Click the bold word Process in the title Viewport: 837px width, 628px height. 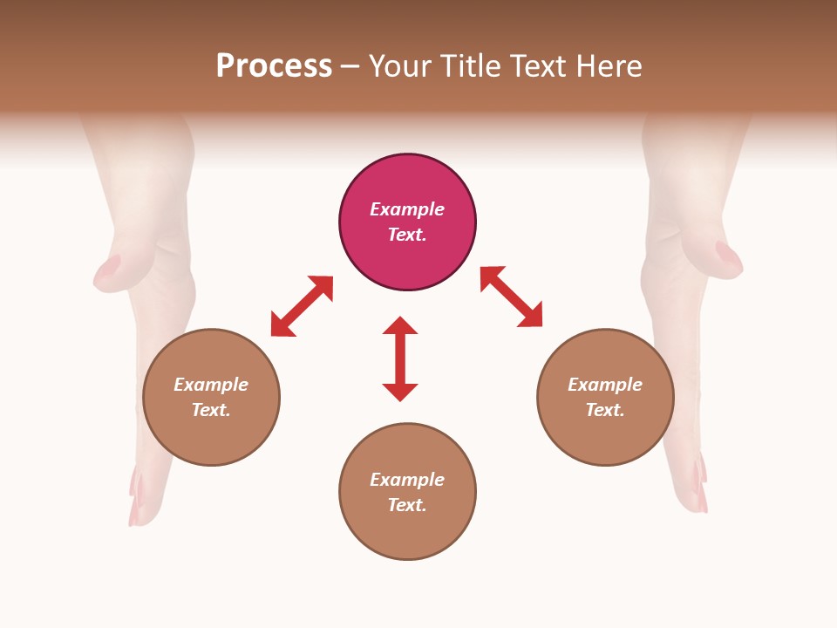point(274,66)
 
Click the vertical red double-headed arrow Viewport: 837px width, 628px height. point(400,358)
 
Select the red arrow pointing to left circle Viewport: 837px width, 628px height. point(302,306)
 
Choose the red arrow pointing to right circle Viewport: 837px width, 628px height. point(512,297)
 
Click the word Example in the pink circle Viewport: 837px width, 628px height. point(407,209)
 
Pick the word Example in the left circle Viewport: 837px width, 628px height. point(211,385)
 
